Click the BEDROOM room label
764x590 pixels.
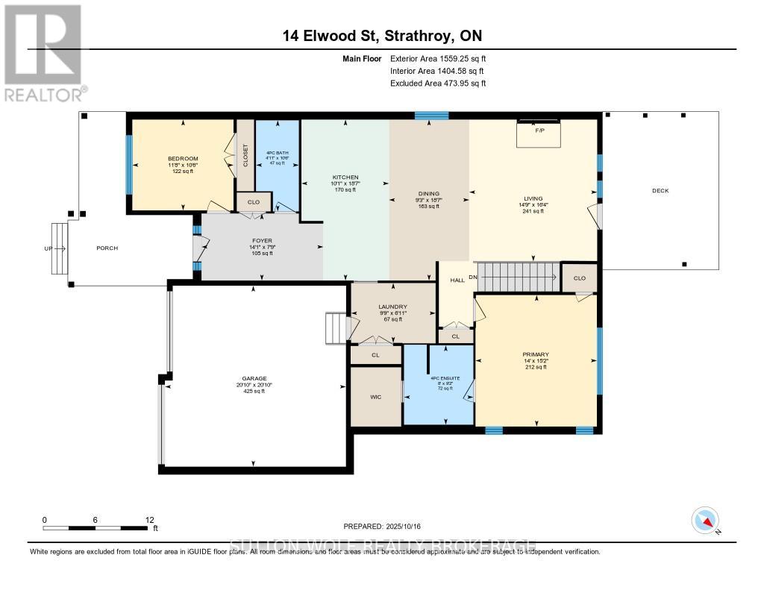pos(183,159)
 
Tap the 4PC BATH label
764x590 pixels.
pos(277,153)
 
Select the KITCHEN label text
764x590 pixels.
pos(345,178)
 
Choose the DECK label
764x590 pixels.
pos(660,191)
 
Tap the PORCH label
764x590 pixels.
pos(107,248)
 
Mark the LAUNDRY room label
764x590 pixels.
pos(392,307)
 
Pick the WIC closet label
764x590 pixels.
pos(375,397)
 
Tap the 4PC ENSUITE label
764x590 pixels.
pos(445,378)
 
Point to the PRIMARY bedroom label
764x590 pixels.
pos(536,354)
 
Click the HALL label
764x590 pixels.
pos(457,280)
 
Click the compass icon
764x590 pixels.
pos(706,520)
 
